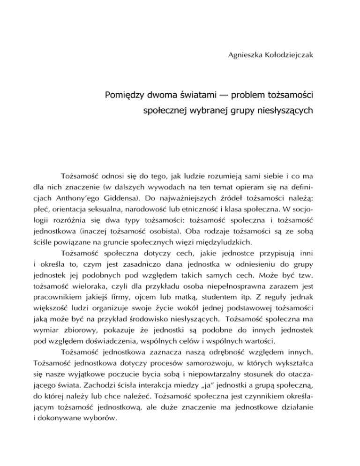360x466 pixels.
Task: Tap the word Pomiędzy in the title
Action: point(123,97)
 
